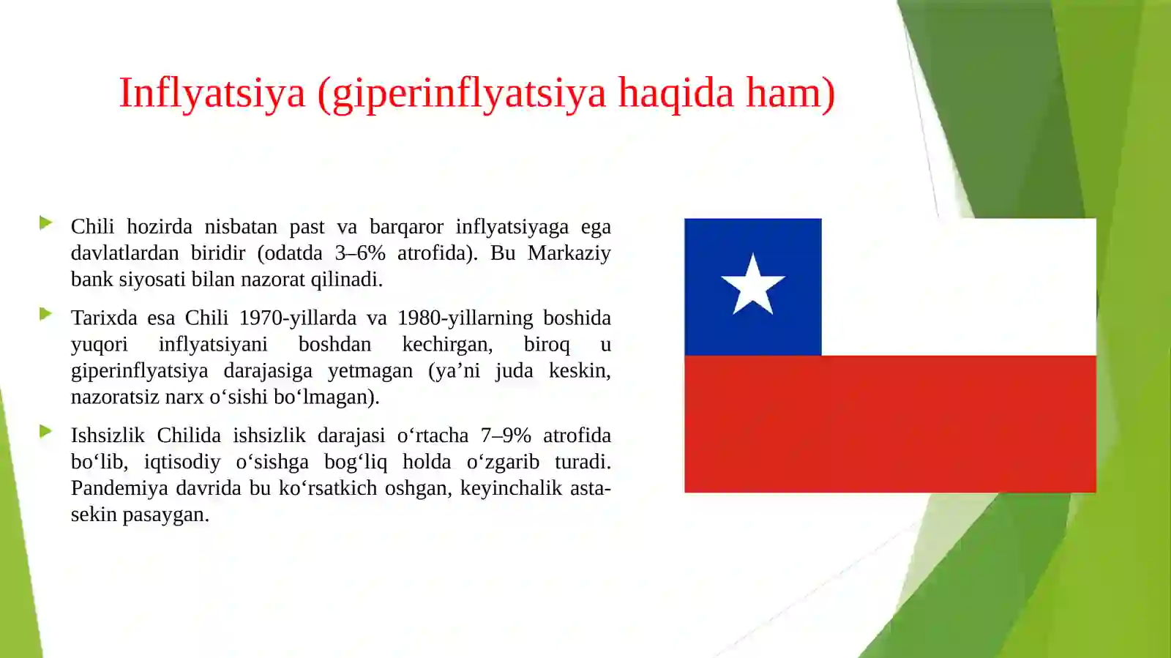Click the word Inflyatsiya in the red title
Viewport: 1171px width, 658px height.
tap(212, 94)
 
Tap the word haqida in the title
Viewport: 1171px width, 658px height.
tap(676, 94)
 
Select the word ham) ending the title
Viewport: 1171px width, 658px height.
tap(790, 94)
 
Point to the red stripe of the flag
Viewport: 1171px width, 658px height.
tap(890, 424)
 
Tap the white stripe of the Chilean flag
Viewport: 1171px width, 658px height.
tap(959, 286)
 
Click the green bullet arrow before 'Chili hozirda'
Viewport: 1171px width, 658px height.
tap(45, 223)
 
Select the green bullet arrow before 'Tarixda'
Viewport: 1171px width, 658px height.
tap(45, 314)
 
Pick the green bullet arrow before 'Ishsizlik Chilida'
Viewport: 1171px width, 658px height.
tap(45, 431)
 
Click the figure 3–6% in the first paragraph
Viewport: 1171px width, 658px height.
tap(360, 253)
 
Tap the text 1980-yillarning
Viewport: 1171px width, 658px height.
tap(465, 318)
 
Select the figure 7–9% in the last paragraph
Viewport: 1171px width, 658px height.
tap(506, 435)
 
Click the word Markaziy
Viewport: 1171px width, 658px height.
tap(569, 253)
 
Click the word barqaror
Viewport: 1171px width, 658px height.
tap(406, 227)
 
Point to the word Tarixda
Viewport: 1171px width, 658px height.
tap(104, 318)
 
